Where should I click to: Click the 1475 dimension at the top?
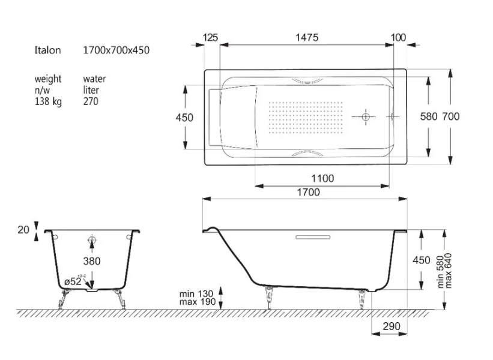(x=307, y=37)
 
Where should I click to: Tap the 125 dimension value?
(x=210, y=37)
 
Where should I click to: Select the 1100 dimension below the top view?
(x=322, y=178)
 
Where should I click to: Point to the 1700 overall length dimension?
(x=309, y=192)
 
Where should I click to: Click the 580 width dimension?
(x=429, y=116)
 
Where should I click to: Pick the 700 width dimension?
(x=451, y=116)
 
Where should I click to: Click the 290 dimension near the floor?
(x=392, y=326)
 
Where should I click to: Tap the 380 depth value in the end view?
(x=92, y=261)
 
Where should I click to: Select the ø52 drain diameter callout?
(x=73, y=281)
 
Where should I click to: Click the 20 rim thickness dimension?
(x=23, y=230)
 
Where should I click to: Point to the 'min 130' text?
(x=196, y=294)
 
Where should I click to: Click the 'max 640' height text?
(x=449, y=271)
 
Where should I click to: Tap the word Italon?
(x=47, y=50)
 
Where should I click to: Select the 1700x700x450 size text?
(x=116, y=50)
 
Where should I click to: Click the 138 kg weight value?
(x=48, y=101)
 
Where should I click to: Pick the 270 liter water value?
(x=91, y=101)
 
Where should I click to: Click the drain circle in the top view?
(x=365, y=117)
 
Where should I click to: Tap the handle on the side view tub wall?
(x=313, y=237)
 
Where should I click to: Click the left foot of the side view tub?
(x=269, y=297)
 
